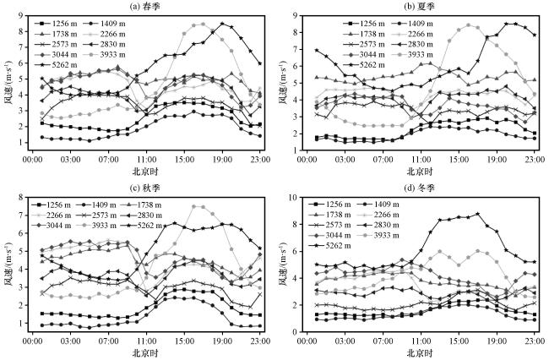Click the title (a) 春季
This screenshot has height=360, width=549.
click(x=144, y=6)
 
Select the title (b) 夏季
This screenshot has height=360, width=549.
click(x=418, y=6)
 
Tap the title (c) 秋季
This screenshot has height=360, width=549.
click(x=144, y=188)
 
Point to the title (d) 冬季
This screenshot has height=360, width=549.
click(x=419, y=188)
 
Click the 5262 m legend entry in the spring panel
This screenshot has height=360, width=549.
click(x=56, y=65)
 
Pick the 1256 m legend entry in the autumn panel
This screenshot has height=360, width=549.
click(x=52, y=205)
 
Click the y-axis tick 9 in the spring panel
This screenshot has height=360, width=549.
click(x=20, y=15)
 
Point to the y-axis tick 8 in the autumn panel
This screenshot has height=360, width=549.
click(x=20, y=197)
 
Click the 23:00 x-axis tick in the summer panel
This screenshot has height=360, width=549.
click(x=535, y=160)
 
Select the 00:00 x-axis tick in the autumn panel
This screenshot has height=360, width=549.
click(x=33, y=341)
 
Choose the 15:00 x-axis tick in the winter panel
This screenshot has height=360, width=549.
click(x=459, y=341)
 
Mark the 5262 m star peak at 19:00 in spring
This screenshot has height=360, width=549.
click(x=222, y=24)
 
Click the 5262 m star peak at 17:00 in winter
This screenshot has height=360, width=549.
click(x=477, y=214)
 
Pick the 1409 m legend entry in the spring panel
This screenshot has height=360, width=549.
click(x=104, y=24)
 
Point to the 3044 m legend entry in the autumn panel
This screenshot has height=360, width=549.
click(x=52, y=225)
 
